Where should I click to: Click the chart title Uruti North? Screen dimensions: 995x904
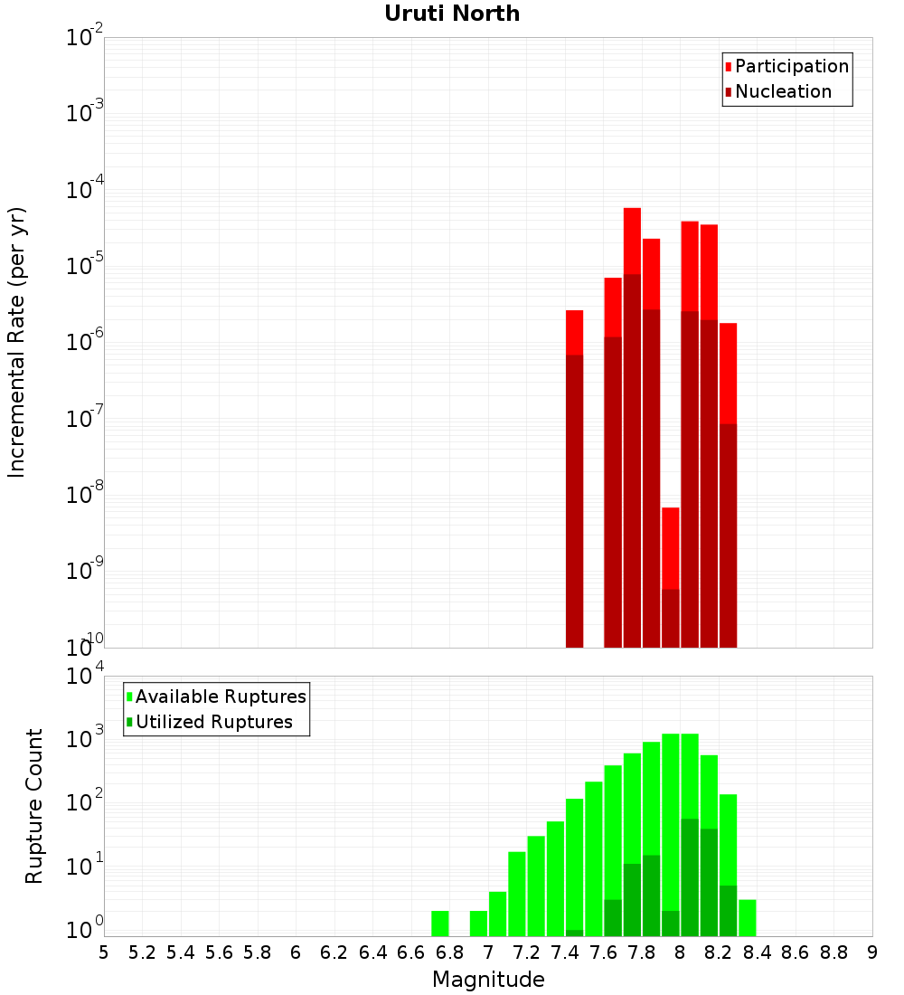click(x=452, y=14)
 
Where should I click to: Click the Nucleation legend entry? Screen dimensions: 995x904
click(x=783, y=91)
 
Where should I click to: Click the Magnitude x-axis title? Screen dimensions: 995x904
click(x=488, y=980)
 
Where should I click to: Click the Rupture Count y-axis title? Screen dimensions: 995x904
click(x=34, y=805)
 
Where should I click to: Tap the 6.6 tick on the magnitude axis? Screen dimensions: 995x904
click(x=411, y=952)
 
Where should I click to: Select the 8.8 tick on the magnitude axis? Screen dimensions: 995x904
click(x=833, y=952)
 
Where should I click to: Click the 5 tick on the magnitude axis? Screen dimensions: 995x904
click(x=104, y=952)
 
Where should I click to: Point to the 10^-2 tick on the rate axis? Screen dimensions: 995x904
click(x=85, y=38)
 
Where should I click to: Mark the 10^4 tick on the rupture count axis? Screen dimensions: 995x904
click(x=85, y=676)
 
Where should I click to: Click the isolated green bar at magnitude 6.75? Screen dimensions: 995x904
click(x=440, y=923)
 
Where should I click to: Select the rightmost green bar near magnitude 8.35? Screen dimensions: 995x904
click(x=748, y=917)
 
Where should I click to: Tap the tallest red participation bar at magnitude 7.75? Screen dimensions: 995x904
click(x=632, y=240)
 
